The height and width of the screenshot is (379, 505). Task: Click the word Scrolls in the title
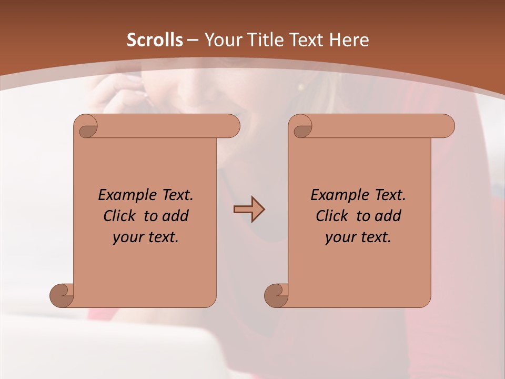click(x=155, y=40)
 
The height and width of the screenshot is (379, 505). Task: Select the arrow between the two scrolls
click(x=249, y=210)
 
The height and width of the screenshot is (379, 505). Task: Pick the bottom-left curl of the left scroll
click(x=62, y=294)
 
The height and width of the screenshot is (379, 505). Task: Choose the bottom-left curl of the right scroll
click(x=276, y=294)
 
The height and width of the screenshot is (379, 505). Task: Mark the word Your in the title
click(x=222, y=40)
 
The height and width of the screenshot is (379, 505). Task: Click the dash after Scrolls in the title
click(x=193, y=40)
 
